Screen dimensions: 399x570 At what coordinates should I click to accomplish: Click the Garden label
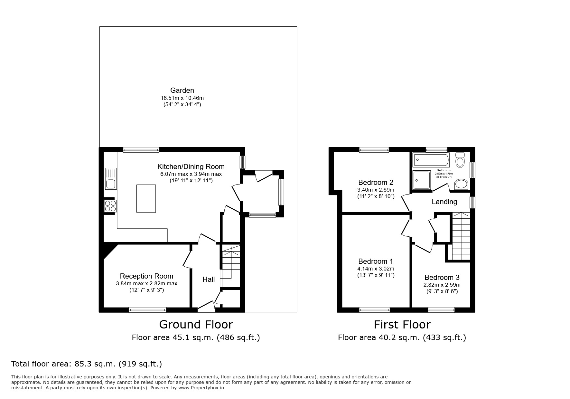tap(182, 90)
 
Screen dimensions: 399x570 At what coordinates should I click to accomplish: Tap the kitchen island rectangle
tap(146, 198)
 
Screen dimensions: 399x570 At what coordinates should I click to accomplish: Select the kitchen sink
tap(110, 179)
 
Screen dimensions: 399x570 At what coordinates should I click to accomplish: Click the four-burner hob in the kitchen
tap(110, 206)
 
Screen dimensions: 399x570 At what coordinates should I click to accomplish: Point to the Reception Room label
tap(146, 276)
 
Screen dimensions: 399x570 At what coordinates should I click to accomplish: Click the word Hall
tap(209, 279)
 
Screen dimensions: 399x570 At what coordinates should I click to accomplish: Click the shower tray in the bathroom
tap(422, 180)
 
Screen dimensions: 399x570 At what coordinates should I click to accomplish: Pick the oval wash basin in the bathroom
tap(461, 185)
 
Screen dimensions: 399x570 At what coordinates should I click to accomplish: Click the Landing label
tap(444, 202)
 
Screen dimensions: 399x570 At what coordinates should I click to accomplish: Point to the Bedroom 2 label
tap(376, 182)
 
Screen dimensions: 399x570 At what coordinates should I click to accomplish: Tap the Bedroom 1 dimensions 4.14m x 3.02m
tap(376, 269)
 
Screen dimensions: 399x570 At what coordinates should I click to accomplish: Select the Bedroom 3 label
tap(442, 277)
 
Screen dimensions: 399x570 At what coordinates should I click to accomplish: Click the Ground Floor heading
tap(196, 324)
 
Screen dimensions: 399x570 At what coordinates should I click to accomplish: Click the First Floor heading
tap(402, 324)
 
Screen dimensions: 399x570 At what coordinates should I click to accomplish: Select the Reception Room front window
tap(147, 310)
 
